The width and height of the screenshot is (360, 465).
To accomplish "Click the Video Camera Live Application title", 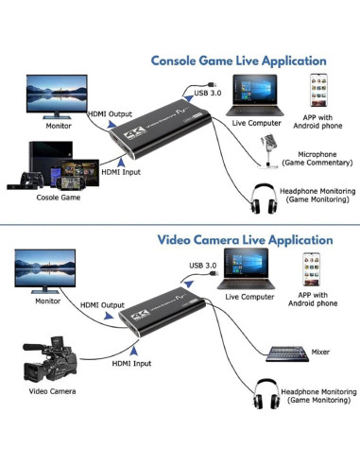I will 246,240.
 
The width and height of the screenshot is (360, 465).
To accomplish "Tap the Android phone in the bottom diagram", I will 318,268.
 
